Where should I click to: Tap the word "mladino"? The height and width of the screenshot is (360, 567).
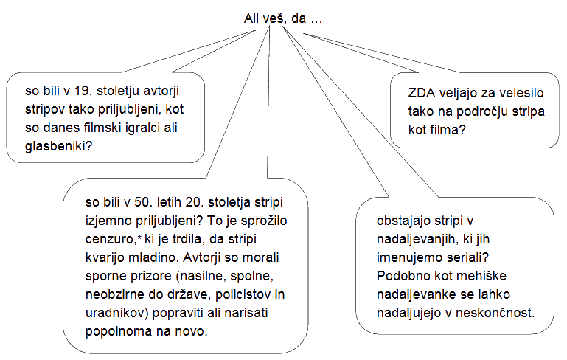point(153,257)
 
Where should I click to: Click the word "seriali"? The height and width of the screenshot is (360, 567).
point(469,257)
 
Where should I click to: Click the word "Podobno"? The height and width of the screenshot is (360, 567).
point(402,275)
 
